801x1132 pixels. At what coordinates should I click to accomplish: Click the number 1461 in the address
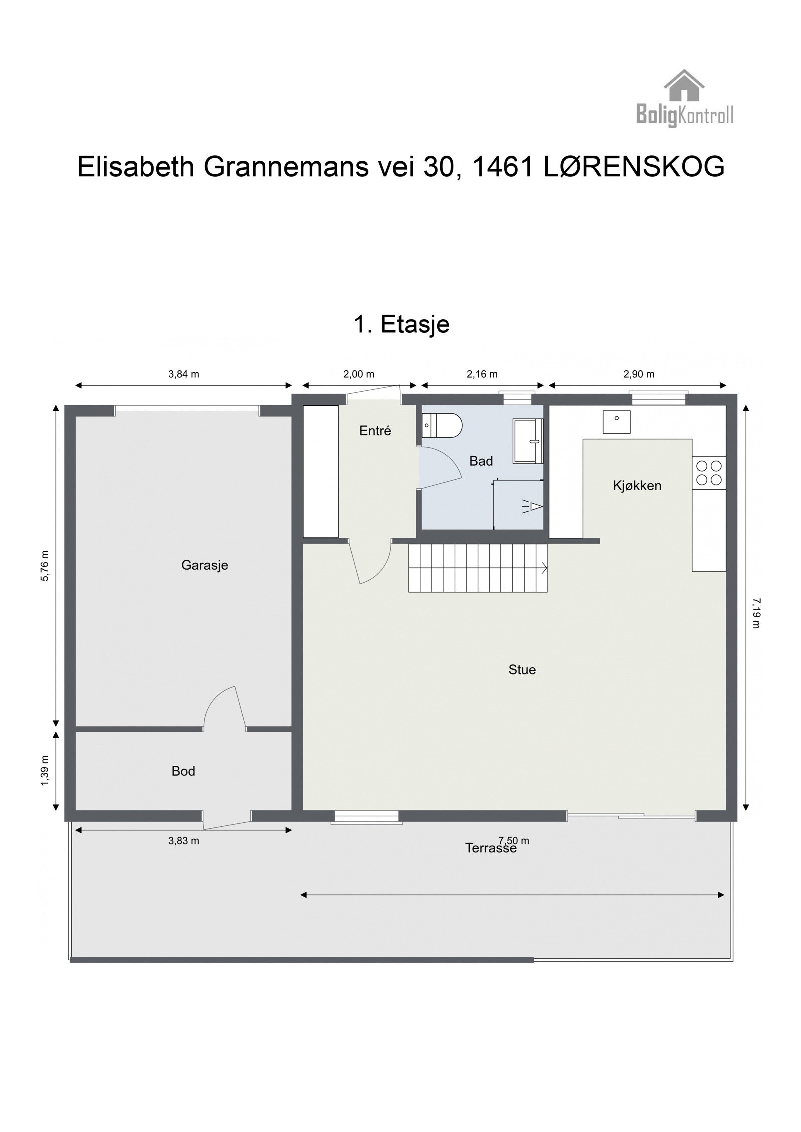[502, 167]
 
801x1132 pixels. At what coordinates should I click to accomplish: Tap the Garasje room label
[204, 565]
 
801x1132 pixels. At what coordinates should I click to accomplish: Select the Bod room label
[183, 771]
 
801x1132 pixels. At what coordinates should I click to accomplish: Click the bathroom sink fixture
[528, 441]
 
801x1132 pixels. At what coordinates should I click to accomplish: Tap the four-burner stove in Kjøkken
[709, 473]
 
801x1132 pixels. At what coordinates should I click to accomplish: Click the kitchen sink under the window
[616, 422]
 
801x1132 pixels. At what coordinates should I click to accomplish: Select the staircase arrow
[543, 568]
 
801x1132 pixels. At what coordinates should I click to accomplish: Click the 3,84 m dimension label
[184, 374]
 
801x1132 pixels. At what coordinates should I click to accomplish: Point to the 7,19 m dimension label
[756, 613]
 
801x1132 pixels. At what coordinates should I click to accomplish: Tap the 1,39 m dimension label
[45, 770]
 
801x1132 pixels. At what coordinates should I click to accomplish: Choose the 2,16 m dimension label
[482, 374]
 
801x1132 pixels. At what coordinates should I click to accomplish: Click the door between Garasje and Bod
[225, 709]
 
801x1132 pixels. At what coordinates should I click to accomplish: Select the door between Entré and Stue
[369, 562]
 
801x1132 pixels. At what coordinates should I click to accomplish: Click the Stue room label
[522, 670]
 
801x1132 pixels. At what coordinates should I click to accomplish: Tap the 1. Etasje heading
[401, 324]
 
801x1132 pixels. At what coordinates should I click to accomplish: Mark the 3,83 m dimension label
[183, 841]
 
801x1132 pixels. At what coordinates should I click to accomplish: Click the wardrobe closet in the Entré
[321, 471]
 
